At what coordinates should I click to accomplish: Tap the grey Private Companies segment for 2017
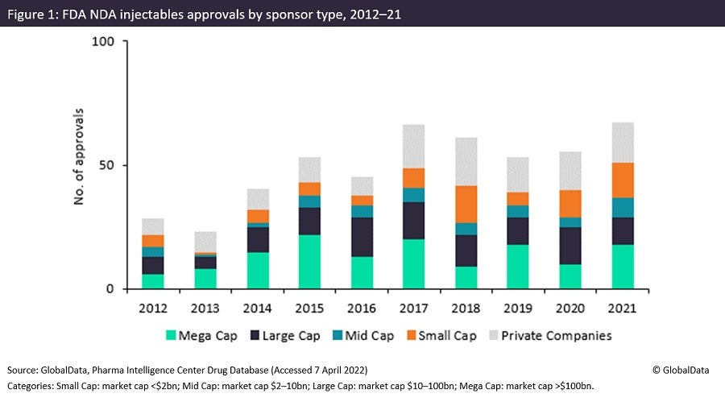(426, 147)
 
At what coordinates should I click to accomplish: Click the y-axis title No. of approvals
(80, 164)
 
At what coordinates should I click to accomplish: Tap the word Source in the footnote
(24, 369)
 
